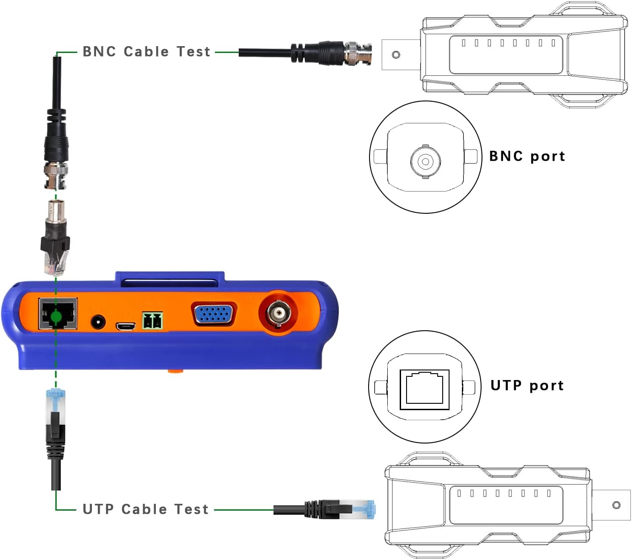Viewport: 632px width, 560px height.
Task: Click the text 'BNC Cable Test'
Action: [146, 52]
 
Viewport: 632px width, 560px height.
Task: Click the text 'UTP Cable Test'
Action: [145, 509]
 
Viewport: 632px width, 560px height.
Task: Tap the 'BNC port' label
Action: [527, 156]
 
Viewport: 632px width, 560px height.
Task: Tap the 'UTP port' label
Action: [527, 386]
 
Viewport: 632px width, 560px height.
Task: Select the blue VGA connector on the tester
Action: [214, 314]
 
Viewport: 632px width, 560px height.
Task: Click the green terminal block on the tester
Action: [153, 321]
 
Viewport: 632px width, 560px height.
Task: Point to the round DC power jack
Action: [97, 323]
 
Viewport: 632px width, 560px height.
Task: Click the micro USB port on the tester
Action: [125, 327]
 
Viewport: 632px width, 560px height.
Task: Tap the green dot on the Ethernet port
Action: [56, 317]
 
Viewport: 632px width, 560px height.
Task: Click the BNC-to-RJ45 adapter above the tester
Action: [56, 238]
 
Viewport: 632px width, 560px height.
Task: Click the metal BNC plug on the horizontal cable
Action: [358, 53]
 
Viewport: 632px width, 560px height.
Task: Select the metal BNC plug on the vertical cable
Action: [56, 175]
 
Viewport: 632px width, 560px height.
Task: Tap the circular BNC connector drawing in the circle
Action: [425, 161]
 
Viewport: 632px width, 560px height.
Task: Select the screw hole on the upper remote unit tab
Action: [396, 55]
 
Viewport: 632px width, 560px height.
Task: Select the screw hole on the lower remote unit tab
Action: [616, 505]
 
